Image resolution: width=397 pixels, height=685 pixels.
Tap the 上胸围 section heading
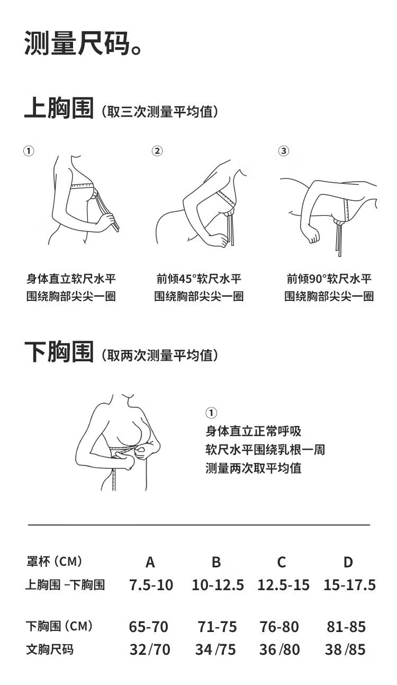[59, 108]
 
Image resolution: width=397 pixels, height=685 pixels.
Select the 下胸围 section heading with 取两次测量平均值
[121, 352]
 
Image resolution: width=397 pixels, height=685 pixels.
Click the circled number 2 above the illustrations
[157, 151]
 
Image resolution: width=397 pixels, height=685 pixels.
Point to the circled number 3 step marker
[284, 151]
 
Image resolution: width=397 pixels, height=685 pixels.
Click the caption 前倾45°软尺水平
[199, 279]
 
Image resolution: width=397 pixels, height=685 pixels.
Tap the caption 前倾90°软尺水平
[329, 279]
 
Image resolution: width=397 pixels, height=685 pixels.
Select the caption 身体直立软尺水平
[71, 279]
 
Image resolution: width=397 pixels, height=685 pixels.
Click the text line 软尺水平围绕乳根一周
[265, 450]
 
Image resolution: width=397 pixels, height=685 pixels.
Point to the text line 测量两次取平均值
[254, 468]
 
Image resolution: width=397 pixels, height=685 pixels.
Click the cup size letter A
[150, 563]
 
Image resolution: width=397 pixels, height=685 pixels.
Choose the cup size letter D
[348, 563]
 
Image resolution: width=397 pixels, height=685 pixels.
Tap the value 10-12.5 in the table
[218, 585]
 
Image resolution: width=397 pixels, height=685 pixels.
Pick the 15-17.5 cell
[349, 585]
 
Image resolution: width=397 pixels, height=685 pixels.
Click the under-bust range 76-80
[279, 627]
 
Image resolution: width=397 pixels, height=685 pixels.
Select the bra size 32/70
[150, 650]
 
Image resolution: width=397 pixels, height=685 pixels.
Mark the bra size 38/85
[345, 650]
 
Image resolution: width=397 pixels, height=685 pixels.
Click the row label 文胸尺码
[50, 650]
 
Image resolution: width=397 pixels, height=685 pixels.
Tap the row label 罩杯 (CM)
[55, 562]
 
